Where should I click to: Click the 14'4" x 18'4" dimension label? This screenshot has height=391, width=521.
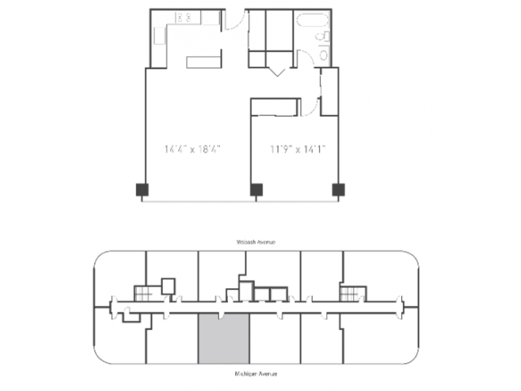click(193, 149)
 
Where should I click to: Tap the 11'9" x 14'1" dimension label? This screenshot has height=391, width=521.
click(298, 149)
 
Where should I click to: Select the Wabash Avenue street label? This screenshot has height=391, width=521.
click(256, 242)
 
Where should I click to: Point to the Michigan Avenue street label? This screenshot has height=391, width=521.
click(256, 375)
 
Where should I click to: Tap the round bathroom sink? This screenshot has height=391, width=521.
click(324, 55)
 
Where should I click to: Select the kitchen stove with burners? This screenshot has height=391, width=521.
click(185, 18)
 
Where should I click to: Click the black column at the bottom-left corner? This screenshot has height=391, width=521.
click(142, 190)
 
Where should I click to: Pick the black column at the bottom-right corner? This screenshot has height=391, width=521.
click(338, 190)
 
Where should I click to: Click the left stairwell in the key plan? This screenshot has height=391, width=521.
click(143, 293)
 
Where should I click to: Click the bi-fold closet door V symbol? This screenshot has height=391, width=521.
click(277, 71)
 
